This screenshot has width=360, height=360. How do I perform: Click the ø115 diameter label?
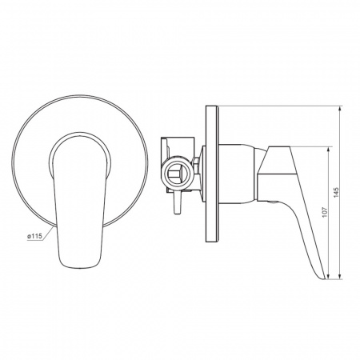(35, 236)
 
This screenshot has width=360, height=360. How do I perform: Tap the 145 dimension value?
(336, 192)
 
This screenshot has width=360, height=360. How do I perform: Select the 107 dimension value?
(325, 212)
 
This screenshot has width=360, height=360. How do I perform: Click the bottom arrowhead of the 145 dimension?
(340, 276)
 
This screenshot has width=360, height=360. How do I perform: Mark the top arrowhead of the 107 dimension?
(328, 150)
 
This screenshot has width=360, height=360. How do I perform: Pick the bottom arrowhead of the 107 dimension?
(328, 276)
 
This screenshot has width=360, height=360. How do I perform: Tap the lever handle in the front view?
(79, 202)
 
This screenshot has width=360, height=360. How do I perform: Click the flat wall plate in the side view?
(212, 174)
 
